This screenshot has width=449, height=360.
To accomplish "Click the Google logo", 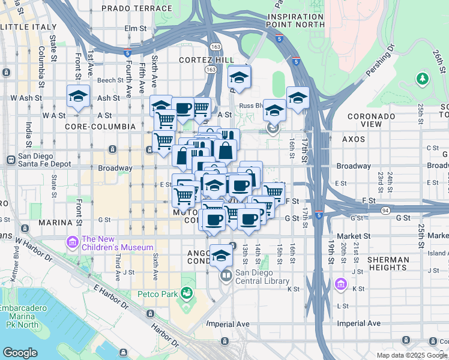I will (x=20, y=353).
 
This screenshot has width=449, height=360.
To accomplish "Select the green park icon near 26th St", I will (x=423, y=79).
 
